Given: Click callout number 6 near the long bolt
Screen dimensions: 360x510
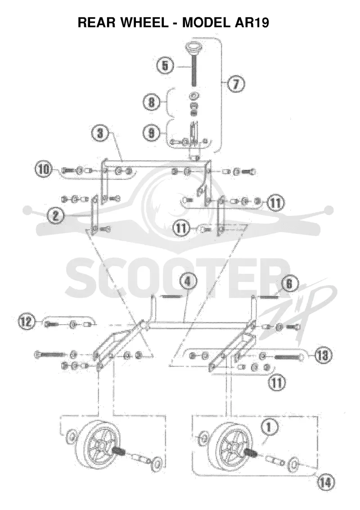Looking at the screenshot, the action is coord(165,66).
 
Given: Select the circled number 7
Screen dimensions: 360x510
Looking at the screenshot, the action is coord(236,84).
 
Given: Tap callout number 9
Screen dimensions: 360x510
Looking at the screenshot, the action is coord(151,133).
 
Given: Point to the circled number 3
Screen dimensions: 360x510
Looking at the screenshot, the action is coord(101,133).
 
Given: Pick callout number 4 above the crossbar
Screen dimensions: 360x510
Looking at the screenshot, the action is coord(188,282).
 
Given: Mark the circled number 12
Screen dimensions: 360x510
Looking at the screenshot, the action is coord(27,322).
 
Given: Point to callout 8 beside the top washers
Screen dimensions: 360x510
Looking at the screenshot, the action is coord(151,103).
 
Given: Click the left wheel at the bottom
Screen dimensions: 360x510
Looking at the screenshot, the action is coord(99,446).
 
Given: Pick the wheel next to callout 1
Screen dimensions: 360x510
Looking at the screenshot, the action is coord(232,446).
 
